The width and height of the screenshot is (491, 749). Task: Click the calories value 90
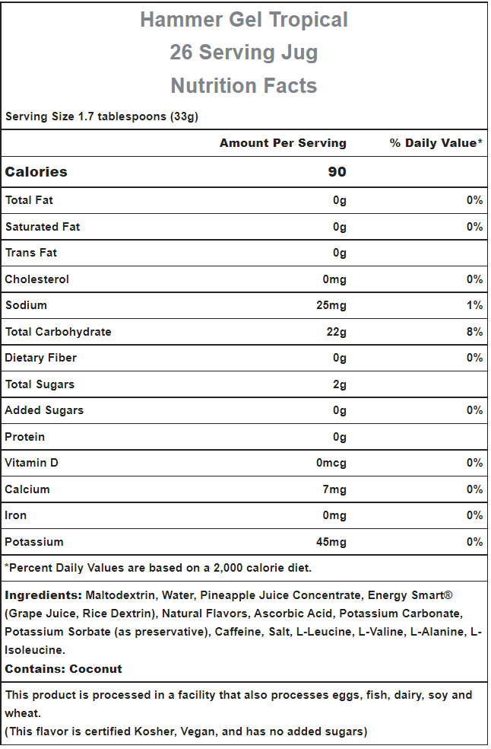(337, 172)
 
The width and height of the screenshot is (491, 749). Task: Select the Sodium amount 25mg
(331, 305)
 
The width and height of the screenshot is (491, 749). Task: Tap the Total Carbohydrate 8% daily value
(475, 332)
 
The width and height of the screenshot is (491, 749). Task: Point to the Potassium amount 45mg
(331, 542)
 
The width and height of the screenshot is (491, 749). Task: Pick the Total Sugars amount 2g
(340, 384)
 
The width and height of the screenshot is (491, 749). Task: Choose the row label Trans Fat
(31, 253)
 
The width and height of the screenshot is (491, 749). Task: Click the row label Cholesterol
(36, 279)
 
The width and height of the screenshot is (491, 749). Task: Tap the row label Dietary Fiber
(40, 358)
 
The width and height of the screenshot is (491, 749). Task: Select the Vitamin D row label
(31, 463)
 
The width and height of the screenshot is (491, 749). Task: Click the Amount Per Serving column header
(283, 143)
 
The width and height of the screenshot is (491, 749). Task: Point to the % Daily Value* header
(436, 143)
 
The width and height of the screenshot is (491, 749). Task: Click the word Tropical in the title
(309, 20)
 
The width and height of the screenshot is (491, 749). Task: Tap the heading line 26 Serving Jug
(244, 52)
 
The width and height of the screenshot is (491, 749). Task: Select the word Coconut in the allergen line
(96, 669)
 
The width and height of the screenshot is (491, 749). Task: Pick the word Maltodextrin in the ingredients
(120, 596)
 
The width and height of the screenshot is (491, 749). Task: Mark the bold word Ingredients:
(43, 596)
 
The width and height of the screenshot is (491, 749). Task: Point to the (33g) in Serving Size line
(184, 116)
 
